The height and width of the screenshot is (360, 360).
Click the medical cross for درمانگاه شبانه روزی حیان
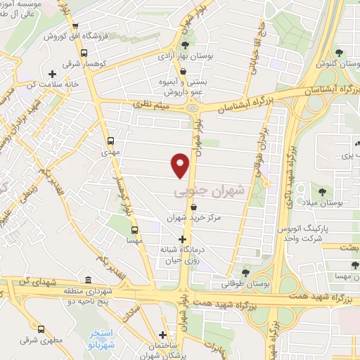point(183,239)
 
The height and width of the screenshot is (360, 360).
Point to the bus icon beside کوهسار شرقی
point(84,53)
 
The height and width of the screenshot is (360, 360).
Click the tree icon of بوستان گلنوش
point(339,53)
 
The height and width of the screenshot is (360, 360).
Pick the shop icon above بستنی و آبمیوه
point(183,72)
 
